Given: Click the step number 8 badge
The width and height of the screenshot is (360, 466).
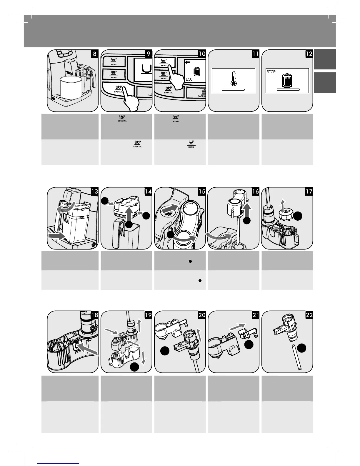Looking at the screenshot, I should (x=94, y=54).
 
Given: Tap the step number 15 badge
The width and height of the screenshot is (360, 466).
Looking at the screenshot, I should (x=202, y=192).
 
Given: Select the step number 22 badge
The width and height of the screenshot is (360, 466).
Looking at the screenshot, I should (x=309, y=315).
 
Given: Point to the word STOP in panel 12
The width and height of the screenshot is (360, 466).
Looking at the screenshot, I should (x=271, y=71).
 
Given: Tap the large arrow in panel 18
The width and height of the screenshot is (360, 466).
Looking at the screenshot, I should (x=88, y=353).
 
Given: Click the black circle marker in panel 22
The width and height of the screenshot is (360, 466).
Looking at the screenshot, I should (x=301, y=348).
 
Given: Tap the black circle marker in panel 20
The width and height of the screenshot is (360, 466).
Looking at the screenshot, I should (x=165, y=351).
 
